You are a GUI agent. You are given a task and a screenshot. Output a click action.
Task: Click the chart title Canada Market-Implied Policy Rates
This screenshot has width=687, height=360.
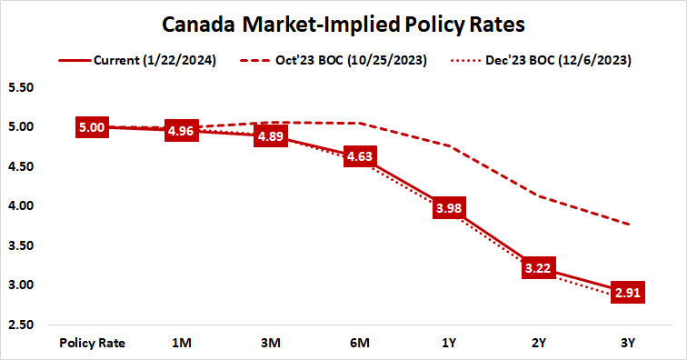(343, 22)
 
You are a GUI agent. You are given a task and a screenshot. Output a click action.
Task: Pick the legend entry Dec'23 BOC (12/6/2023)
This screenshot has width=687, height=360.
(552, 61)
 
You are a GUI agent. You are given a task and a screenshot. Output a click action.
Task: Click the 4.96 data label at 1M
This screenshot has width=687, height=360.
(180, 132)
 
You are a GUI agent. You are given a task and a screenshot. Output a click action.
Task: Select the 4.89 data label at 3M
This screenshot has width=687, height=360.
(269, 137)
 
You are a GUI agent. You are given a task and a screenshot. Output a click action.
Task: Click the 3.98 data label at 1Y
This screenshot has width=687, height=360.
(449, 209)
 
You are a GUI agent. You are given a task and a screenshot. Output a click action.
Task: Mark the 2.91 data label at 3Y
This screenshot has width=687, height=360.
(627, 293)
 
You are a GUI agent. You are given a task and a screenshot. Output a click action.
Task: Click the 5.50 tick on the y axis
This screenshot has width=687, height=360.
(20, 88)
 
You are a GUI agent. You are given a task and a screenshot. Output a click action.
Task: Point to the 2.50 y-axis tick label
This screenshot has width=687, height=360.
(20, 325)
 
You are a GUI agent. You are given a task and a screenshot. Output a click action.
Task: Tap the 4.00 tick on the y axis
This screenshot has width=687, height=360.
(20, 206)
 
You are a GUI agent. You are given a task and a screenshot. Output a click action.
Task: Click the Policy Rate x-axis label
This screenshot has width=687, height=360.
(92, 343)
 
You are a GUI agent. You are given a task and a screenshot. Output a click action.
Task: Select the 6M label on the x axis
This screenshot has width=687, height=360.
(359, 343)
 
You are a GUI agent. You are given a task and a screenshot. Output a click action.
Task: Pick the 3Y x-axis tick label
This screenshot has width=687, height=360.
(627, 343)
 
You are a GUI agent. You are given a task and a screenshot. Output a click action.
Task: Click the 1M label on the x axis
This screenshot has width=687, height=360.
(181, 343)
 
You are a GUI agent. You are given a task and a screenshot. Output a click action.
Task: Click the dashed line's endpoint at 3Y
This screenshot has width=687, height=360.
(627, 224)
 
